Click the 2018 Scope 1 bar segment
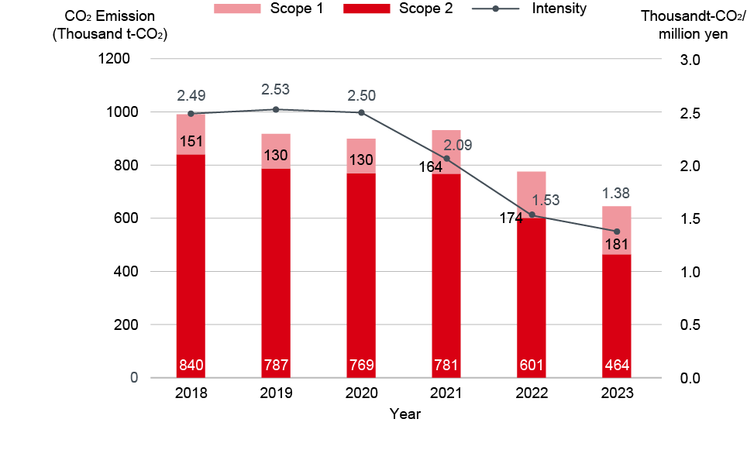tap(191, 134)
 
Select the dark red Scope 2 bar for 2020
tap(361, 275)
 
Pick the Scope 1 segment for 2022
tap(532, 194)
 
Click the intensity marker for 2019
tap(276, 109)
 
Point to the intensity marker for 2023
tap(617, 232)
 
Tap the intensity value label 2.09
tap(457, 146)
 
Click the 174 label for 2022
tap(511, 218)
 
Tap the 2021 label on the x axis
tap(446, 393)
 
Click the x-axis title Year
tap(404, 414)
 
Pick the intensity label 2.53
tap(276, 90)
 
